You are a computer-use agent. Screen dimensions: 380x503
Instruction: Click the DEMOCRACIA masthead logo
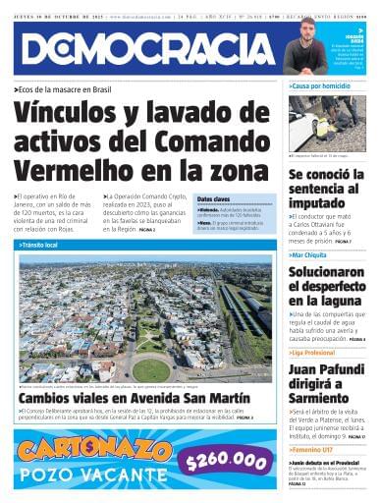147,49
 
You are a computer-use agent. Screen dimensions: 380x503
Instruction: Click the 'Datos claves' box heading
214,199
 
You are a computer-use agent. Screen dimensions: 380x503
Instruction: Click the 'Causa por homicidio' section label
318,86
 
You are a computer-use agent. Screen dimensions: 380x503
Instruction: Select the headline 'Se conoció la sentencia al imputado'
327,189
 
